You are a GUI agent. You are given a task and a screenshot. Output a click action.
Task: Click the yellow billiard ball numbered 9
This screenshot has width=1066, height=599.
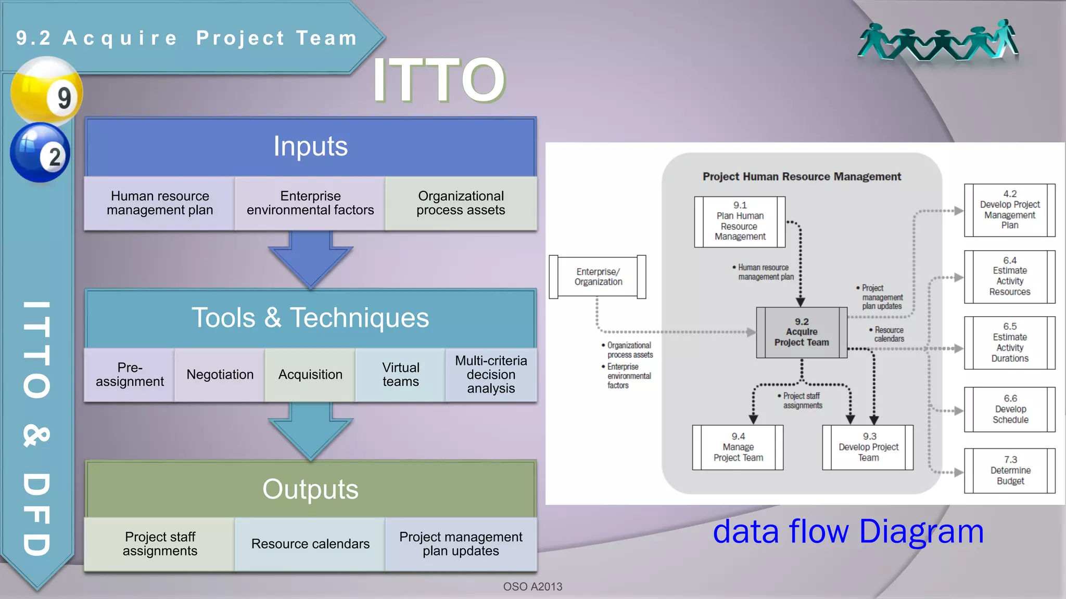point(47,92)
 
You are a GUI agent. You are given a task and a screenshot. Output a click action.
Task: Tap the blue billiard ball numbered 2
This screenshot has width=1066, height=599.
point(40,152)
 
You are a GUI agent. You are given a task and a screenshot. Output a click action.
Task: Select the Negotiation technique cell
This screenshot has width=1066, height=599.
point(220,375)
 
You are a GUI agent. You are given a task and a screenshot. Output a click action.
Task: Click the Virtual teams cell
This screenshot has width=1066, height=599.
point(400,375)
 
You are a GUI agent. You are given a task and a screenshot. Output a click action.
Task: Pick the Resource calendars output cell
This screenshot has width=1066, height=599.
point(310,544)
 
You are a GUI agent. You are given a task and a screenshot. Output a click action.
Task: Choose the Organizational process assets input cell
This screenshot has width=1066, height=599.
point(461,203)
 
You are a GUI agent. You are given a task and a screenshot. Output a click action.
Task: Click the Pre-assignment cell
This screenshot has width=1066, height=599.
point(130,375)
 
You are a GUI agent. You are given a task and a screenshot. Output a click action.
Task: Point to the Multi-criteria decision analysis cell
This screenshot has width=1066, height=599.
point(491,375)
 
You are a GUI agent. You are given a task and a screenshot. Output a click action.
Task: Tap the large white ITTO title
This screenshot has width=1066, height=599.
point(439,80)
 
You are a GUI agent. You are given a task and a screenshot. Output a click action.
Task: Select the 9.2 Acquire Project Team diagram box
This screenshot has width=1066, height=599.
point(802,332)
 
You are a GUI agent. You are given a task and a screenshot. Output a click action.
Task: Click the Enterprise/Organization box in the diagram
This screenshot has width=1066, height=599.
point(598,277)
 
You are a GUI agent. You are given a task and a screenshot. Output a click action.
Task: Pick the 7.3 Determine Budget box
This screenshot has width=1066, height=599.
point(1010,471)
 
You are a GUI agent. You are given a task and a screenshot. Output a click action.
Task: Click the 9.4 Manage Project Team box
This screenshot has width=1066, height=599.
point(738,448)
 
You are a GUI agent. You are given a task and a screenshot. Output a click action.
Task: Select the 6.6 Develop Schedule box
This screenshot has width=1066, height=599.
point(1010,409)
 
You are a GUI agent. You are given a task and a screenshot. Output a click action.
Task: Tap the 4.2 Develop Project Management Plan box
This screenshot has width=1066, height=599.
point(1010,210)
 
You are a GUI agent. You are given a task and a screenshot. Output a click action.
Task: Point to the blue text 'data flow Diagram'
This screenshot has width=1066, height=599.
point(848,532)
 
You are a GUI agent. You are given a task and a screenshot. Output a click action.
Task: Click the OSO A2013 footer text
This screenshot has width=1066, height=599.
point(532,587)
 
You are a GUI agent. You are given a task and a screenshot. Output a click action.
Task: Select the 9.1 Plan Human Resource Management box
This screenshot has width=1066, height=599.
point(740,222)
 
